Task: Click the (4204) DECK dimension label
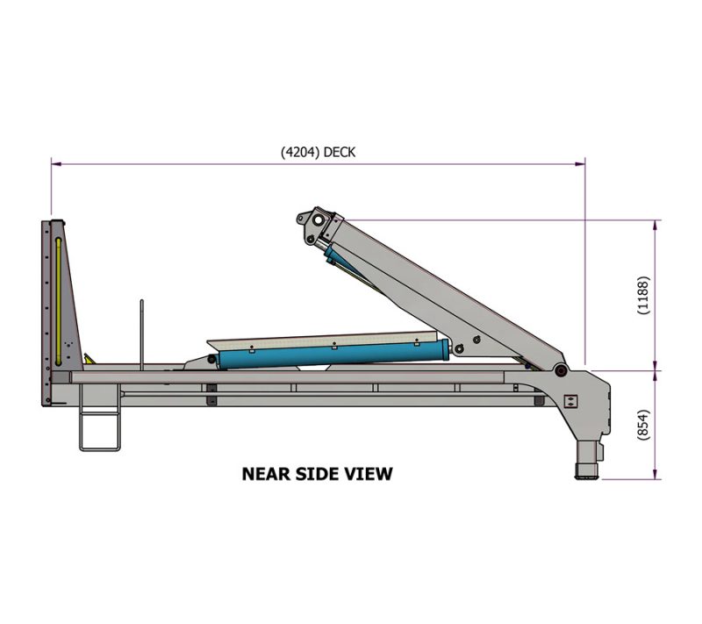(x=318, y=151)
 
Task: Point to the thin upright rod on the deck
(x=141, y=334)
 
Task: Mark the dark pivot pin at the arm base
(x=560, y=370)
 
